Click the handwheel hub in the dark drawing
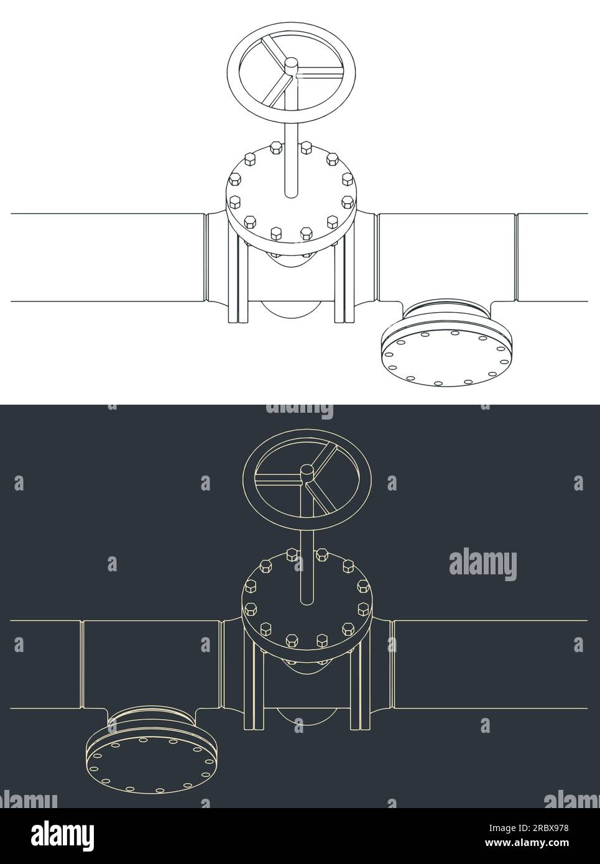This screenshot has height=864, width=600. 307,472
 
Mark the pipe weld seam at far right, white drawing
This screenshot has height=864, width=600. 515,257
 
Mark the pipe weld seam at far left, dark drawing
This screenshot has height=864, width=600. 81,664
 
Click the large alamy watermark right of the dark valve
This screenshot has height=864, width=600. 482,565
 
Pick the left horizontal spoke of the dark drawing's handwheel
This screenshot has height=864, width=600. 279,479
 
